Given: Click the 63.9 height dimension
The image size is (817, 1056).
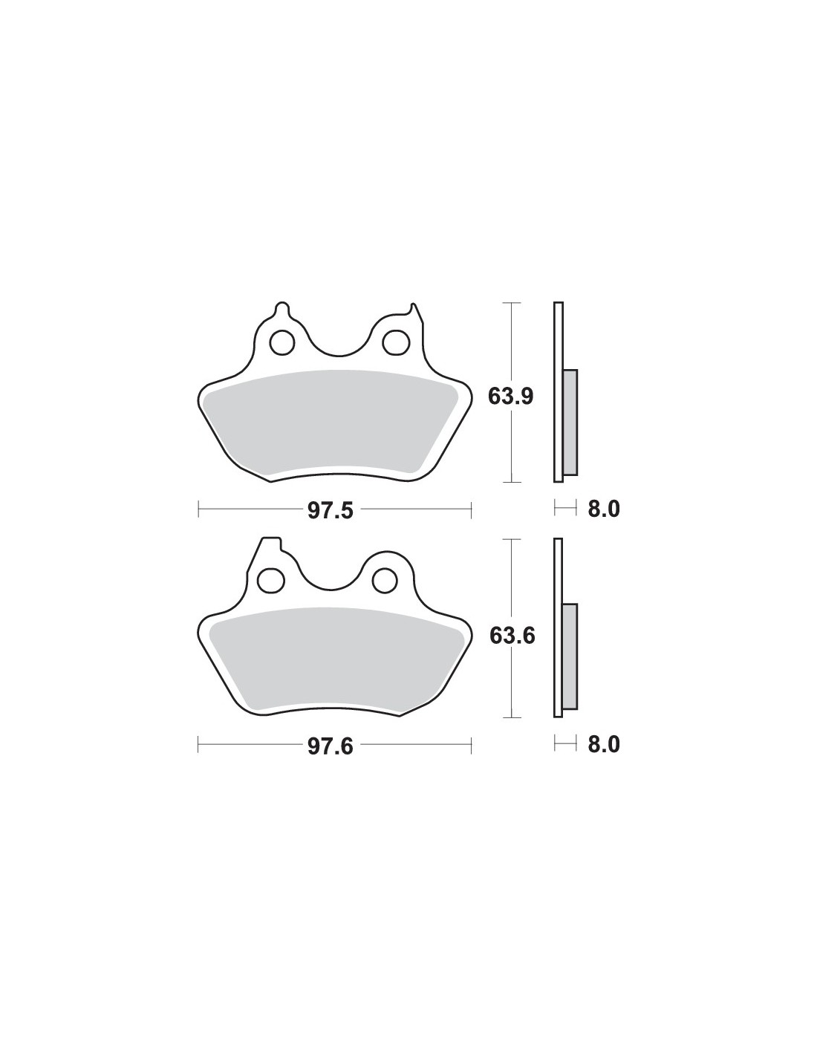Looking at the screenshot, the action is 510,397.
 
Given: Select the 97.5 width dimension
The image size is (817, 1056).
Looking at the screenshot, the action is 330,511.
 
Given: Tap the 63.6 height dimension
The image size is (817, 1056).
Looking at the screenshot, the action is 512,635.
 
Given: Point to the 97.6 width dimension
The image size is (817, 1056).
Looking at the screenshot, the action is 330,746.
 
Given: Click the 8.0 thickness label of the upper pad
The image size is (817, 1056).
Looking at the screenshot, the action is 604,509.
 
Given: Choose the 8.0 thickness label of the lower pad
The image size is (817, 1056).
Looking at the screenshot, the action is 604,745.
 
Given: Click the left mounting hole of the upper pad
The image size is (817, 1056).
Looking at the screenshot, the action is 282,343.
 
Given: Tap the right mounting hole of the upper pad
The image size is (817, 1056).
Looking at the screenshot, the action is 395,342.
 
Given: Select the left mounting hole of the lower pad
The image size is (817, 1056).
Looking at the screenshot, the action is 270,580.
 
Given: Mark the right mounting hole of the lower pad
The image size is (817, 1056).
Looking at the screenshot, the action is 385,579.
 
